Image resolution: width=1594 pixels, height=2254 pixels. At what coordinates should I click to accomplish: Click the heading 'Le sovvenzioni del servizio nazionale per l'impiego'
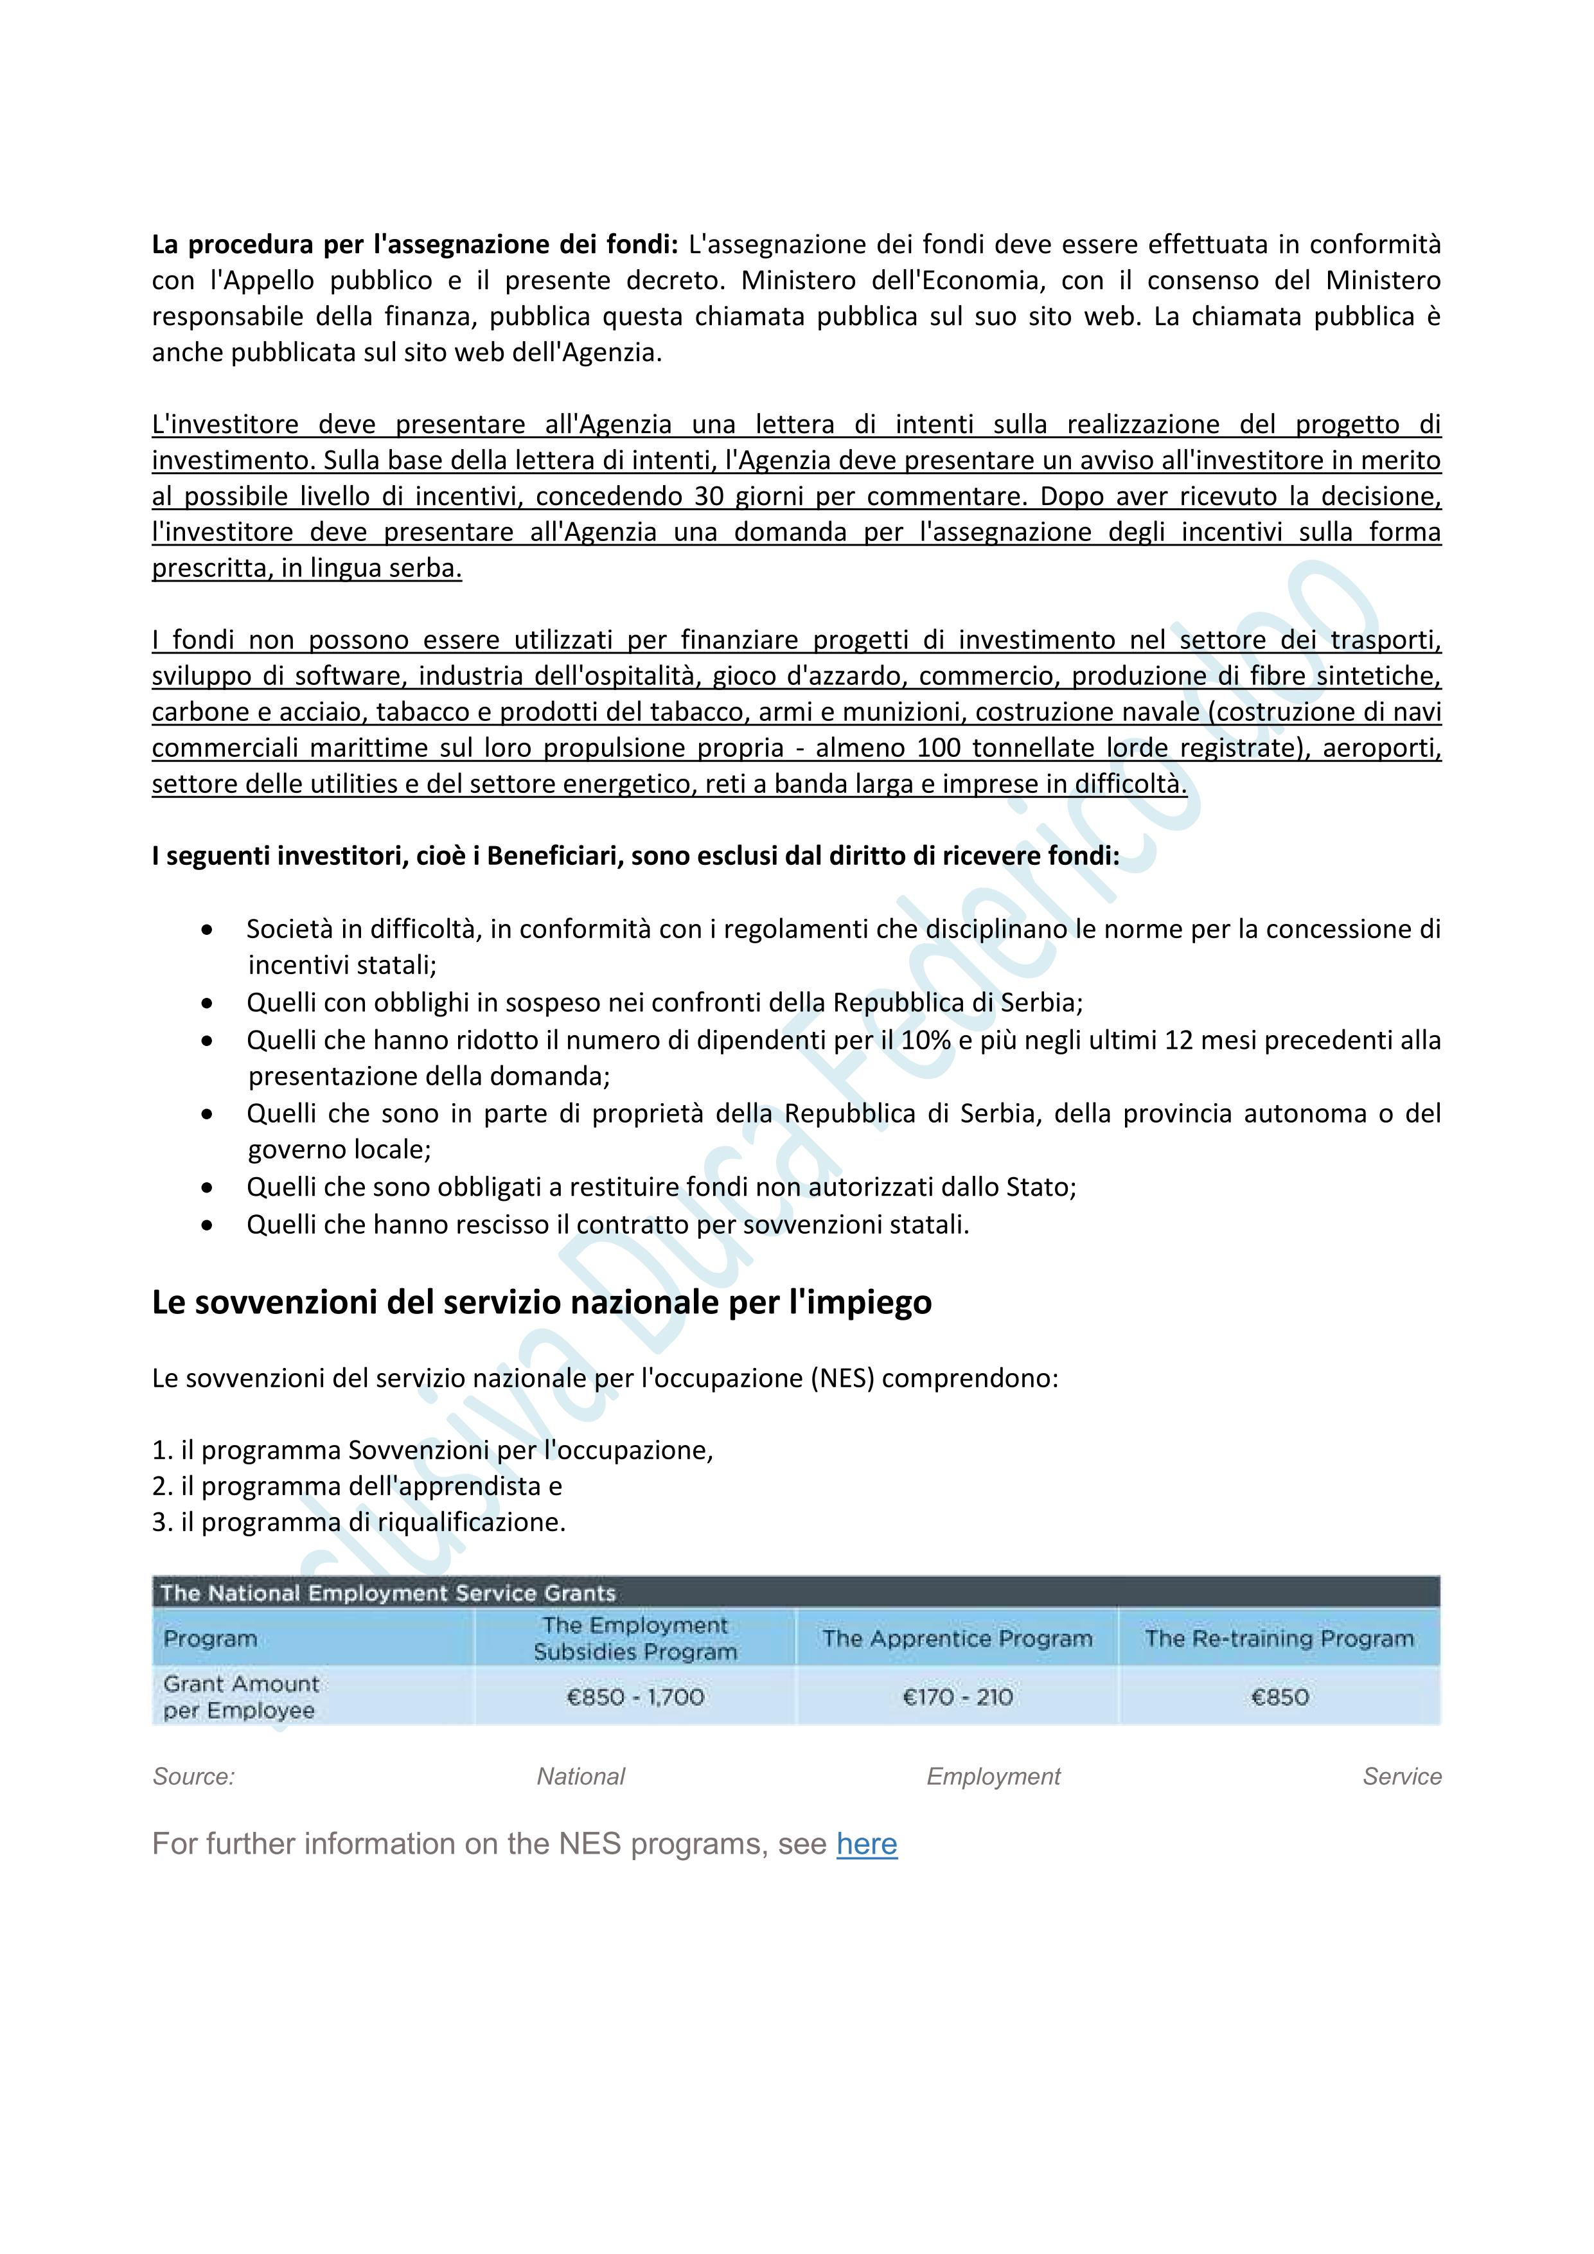click(542, 1302)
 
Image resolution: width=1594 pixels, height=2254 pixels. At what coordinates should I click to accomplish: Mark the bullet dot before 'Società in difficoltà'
click(206, 928)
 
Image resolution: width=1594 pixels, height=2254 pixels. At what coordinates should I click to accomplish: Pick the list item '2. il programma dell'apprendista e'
click(357, 1486)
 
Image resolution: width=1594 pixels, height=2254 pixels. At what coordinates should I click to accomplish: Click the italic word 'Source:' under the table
click(193, 1776)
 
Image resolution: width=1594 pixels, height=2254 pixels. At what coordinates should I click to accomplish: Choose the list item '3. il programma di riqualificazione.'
click(359, 1523)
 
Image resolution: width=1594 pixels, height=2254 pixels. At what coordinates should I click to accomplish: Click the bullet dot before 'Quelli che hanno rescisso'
click(206, 1225)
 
